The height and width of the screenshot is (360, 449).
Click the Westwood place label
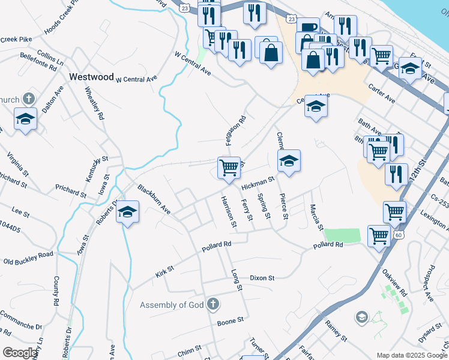91,77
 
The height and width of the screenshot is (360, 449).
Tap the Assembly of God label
172,305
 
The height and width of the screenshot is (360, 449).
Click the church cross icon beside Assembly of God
211,305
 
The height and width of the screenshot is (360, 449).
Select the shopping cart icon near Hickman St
229,167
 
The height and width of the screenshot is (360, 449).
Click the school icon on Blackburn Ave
127,212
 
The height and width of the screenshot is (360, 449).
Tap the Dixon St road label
262,278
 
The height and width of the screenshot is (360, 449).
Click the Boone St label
229,322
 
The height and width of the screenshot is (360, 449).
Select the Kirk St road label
164,270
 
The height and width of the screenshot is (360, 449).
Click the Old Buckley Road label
28,257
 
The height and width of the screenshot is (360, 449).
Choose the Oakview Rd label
394,283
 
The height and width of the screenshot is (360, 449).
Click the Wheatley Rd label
94,103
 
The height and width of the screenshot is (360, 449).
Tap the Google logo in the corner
19,353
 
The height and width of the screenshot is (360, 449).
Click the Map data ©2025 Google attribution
411,355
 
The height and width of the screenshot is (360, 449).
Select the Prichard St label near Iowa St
70,191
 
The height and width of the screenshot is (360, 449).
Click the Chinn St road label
189,350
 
